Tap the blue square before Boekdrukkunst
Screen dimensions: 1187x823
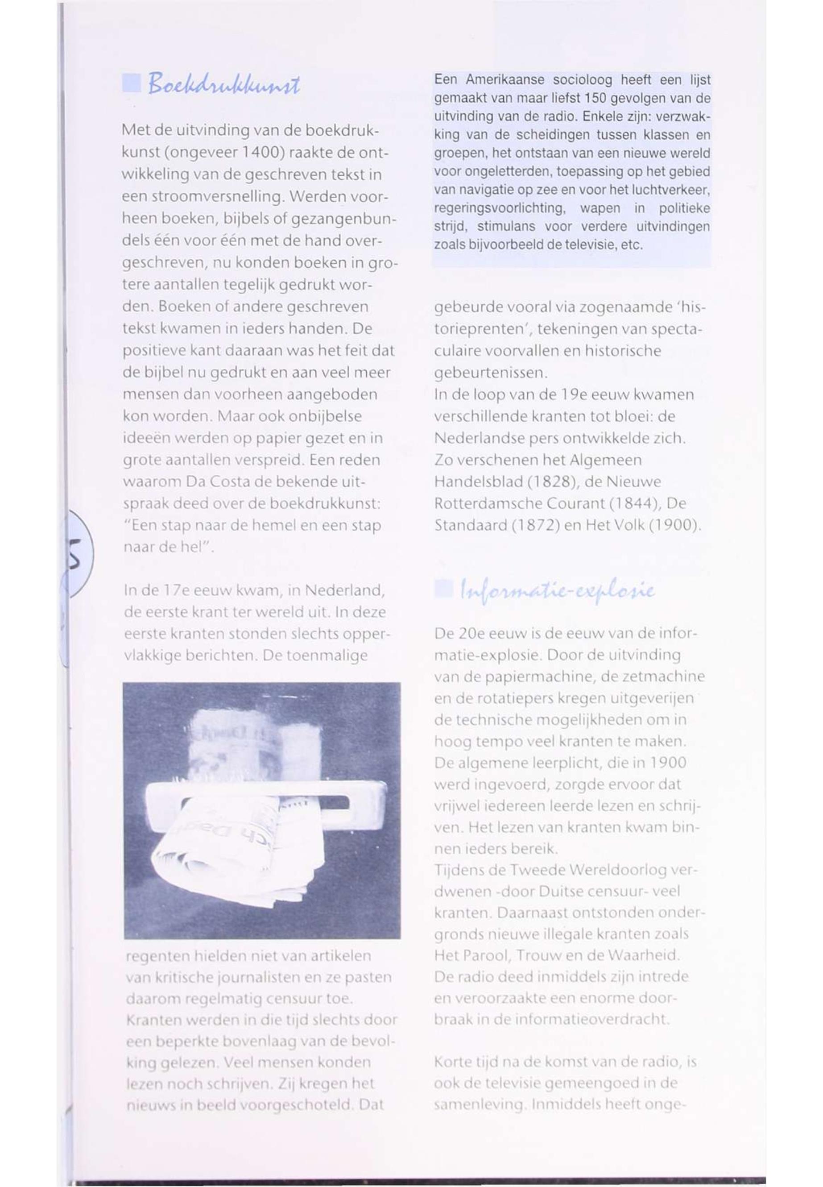pyautogui.click(x=132, y=83)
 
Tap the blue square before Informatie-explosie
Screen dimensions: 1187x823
pyautogui.click(x=443, y=589)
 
